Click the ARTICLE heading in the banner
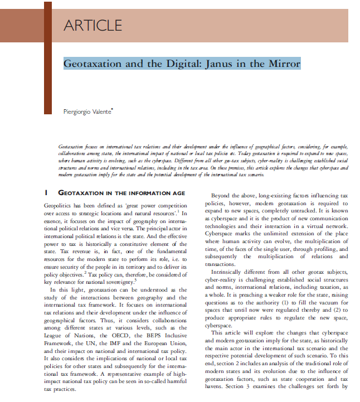click(x=93, y=25)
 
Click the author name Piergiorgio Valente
click(x=87, y=113)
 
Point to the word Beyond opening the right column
click(x=225, y=196)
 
